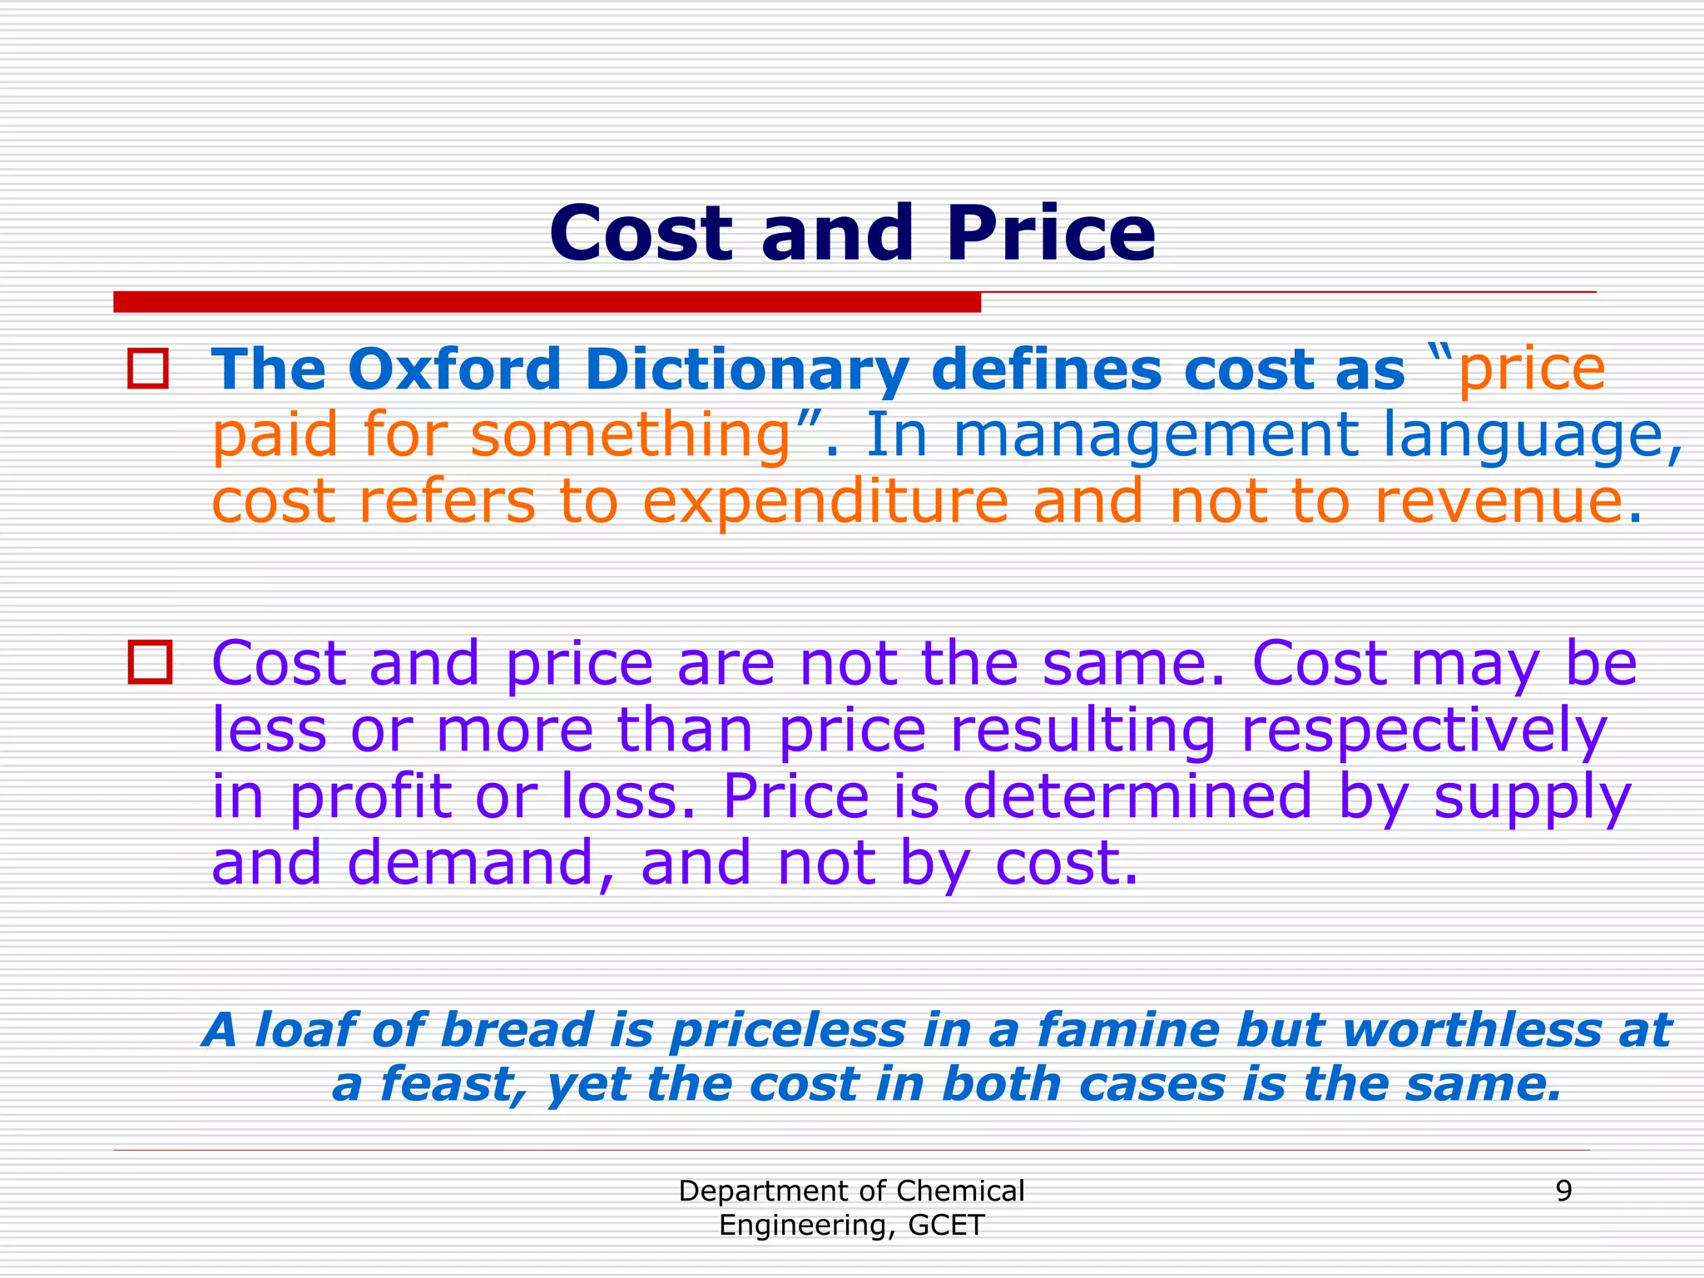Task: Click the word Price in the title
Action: pos(1049,234)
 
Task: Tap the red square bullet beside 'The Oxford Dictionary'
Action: pos(148,369)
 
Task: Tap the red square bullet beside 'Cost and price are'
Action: pos(150,662)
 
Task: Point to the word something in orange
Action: pos(630,435)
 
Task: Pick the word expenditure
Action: pos(825,502)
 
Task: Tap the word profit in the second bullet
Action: pos(370,797)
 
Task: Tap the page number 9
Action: pos(1563,1191)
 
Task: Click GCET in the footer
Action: pos(947,1226)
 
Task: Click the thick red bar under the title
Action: pos(547,302)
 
